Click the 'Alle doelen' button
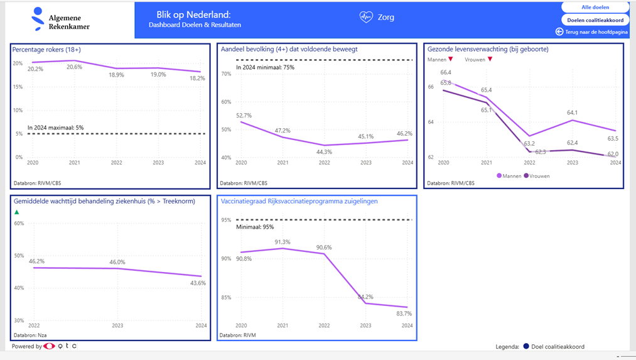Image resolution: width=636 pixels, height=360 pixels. tap(595, 8)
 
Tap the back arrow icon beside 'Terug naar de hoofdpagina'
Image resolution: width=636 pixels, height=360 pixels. tap(559, 31)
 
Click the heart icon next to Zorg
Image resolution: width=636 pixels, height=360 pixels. tap(366, 18)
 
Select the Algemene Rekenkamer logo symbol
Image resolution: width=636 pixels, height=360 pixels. tap(38, 19)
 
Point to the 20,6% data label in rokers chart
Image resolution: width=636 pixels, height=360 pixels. tap(74, 67)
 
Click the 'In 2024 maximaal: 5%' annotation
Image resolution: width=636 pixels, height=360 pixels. tap(55, 128)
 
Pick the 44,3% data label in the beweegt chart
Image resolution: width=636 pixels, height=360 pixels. tap(324, 152)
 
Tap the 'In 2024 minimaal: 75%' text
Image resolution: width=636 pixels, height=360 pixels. tap(265, 67)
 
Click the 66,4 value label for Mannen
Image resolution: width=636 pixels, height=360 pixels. tap(446, 73)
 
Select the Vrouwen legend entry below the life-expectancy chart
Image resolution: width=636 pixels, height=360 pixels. tap(537, 176)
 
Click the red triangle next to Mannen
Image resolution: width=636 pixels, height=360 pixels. tap(451, 60)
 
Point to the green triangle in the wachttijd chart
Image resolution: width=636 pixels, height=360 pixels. tap(17, 212)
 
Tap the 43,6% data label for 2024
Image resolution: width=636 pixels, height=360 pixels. tap(198, 283)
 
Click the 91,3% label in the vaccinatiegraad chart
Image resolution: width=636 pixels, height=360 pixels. tap(283, 242)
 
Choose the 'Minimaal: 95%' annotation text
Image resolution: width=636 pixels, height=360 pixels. tap(255, 227)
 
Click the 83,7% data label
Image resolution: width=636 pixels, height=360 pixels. tap(404, 314)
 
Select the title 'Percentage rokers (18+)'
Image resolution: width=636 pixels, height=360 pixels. tap(46, 50)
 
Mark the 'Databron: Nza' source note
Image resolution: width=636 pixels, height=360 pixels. tap(28, 335)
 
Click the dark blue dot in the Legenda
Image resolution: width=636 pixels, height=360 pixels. tap(526, 346)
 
